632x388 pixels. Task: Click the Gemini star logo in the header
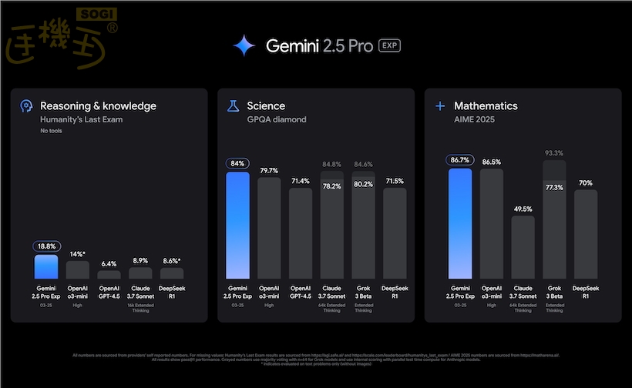point(244,46)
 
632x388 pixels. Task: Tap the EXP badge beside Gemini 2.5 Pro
point(390,46)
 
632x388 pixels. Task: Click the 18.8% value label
point(45,246)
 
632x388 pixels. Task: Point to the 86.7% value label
point(460,161)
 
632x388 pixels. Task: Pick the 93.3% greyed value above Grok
point(553,153)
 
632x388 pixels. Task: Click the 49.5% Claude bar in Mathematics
point(523,247)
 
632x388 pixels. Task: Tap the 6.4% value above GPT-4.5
point(109,263)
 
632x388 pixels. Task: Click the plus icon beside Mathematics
point(439,106)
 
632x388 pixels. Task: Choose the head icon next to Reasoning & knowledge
point(25,106)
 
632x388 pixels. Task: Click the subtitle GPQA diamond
point(277,120)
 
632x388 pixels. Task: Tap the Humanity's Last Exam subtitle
point(81,120)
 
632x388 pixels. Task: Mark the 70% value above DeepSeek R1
point(586,182)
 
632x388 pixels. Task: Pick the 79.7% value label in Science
point(269,170)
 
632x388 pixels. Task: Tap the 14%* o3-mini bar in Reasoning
point(77,269)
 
